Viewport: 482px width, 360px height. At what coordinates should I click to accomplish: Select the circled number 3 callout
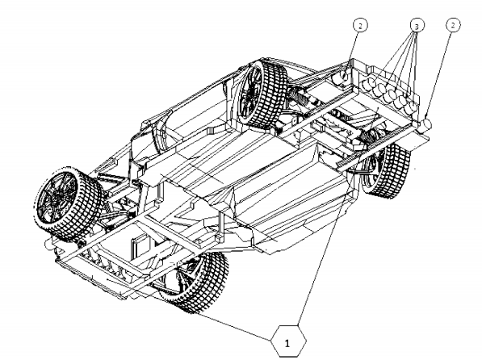click(x=417, y=26)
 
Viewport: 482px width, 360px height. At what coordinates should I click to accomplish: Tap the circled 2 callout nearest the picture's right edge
click(x=452, y=24)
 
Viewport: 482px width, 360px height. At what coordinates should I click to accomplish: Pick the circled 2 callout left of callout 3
click(x=360, y=25)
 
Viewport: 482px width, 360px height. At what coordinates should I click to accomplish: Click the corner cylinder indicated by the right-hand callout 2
click(x=425, y=125)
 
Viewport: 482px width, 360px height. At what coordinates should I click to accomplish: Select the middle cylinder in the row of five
click(x=390, y=94)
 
